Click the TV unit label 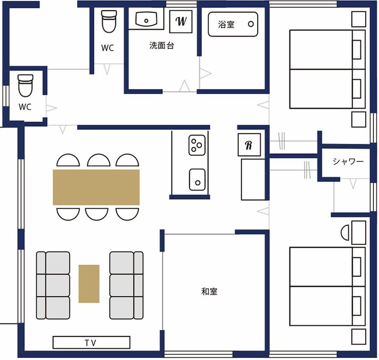coord(91,343)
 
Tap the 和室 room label coord(209,291)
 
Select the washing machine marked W coord(181,21)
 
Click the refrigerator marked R coord(249,145)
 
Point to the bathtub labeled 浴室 coord(233,24)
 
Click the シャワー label coord(348,162)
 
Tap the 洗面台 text coord(162,46)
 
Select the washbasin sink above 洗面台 coord(146,19)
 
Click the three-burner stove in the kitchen coord(197,145)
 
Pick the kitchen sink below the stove coord(197,179)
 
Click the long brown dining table coord(96,187)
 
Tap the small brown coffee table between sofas coord(89,283)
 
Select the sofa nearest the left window coord(53,285)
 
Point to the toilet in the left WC coord(25,85)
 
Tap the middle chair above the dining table coord(99,160)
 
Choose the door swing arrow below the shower coord(353,184)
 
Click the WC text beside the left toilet coord(25,107)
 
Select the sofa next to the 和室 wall coord(127,285)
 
